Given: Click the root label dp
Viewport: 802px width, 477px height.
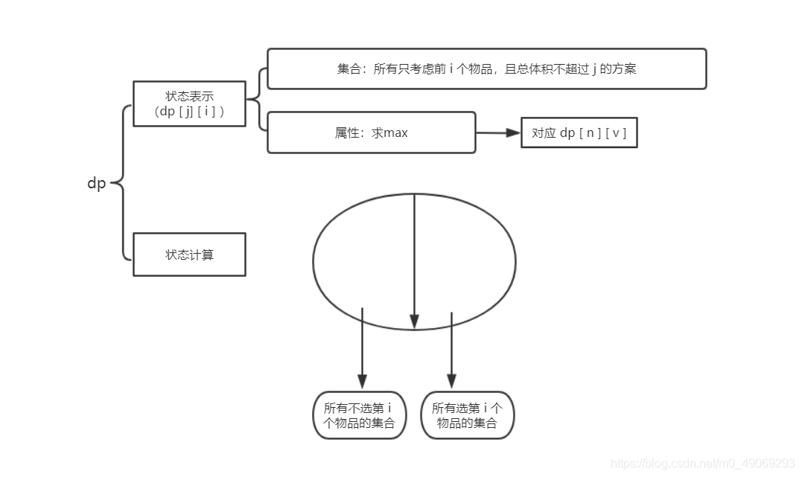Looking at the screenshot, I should pyautogui.click(x=97, y=183).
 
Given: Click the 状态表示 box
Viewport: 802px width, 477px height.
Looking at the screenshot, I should pyautogui.click(x=189, y=103).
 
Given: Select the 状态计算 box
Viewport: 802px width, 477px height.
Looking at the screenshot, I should pyautogui.click(x=189, y=254).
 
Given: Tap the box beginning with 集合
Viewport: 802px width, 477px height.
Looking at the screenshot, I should pyautogui.click(x=486, y=69).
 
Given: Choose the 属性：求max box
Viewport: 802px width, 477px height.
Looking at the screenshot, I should pyautogui.click(x=371, y=132).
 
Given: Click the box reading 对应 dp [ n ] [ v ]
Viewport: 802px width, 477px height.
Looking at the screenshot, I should pyautogui.click(x=579, y=133).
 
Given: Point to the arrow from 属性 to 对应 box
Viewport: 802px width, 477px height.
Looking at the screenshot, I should pyautogui.click(x=498, y=132).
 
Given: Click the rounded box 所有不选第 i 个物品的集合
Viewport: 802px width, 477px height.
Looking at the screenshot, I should pyautogui.click(x=360, y=415).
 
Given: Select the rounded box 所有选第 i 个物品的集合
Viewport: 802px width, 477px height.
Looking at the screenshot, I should pyautogui.click(x=468, y=415).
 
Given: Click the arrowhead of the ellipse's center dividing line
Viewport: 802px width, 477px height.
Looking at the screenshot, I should pyautogui.click(x=414, y=321).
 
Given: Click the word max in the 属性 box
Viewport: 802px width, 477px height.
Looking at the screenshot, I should pyautogui.click(x=395, y=133).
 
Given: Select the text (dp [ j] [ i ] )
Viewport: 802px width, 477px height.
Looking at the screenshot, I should pyautogui.click(x=189, y=112).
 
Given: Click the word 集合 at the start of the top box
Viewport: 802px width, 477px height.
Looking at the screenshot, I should pyautogui.click(x=348, y=69).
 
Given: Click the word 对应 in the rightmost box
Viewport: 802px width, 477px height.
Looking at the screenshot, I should pyautogui.click(x=544, y=133).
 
